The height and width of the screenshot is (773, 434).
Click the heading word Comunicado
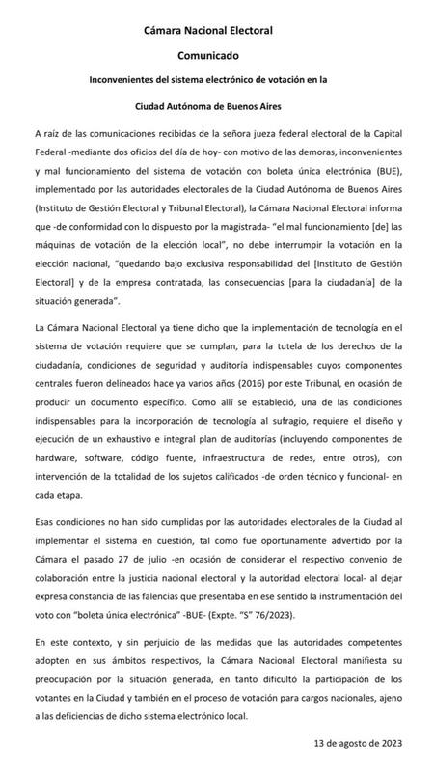(x=216, y=57)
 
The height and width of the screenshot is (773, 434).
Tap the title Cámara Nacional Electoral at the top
(x=216, y=30)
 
